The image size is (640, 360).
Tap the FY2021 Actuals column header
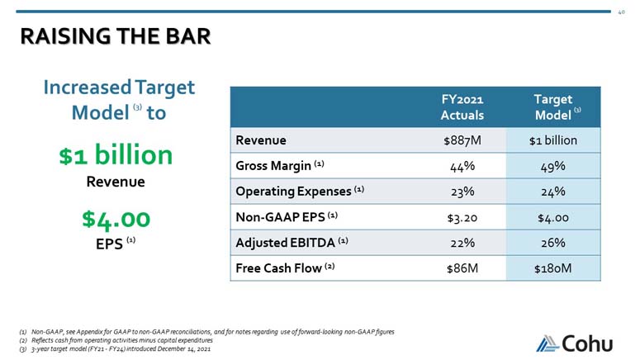(462, 107)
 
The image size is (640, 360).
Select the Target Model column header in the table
(553, 107)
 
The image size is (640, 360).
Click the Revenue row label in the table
(261, 140)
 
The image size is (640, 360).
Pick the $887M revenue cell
(462, 140)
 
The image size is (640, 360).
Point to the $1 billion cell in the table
(553, 140)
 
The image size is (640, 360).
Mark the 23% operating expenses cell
(462, 192)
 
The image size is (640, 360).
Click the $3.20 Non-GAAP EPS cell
(462, 218)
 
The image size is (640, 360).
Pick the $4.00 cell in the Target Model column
(553, 218)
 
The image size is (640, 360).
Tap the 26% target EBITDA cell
(553, 244)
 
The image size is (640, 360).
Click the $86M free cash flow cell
(462, 269)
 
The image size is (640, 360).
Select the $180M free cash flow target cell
(553, 269)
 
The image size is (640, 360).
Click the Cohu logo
(579, 340)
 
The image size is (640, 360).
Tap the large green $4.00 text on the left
(116, 219)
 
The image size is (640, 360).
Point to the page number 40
(621, 12)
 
